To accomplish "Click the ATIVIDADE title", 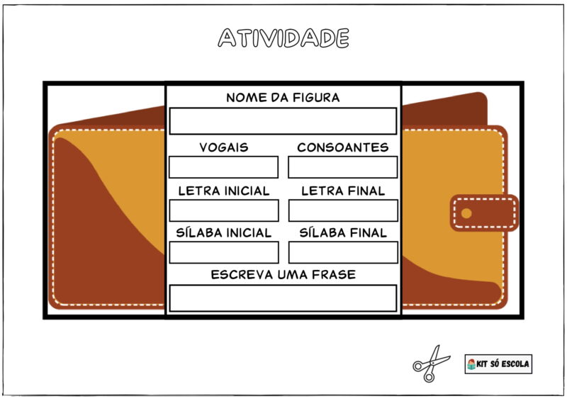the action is tap(283, 38).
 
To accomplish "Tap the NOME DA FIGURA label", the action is tap(283, 98).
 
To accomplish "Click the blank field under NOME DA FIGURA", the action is tap(283, 120).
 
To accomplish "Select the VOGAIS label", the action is tap(224, 147).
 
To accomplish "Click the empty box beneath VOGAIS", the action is tap(223, 167).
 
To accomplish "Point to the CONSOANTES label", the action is tap(343, 147).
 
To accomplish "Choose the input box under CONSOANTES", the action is tap(343, 167).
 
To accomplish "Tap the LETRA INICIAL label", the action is tap(224, 191).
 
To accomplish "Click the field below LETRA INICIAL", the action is tap(224, 210).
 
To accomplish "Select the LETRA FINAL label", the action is tap(343, 191).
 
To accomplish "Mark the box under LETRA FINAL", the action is tap(343, 210).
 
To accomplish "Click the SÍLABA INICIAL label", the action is tap(224, 232).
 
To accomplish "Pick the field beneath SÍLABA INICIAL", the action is tap(224, 252).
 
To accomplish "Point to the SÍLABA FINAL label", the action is tap(343, 232).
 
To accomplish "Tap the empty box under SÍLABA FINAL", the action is tap(343, 252).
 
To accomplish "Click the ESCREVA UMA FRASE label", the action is tap(283, 274).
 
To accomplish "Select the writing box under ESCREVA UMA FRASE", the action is tap(283, 298).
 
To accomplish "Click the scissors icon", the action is tap(431, 363).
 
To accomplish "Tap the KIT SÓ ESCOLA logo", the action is tap(498, 364).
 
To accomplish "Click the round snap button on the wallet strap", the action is tap(466, 213).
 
